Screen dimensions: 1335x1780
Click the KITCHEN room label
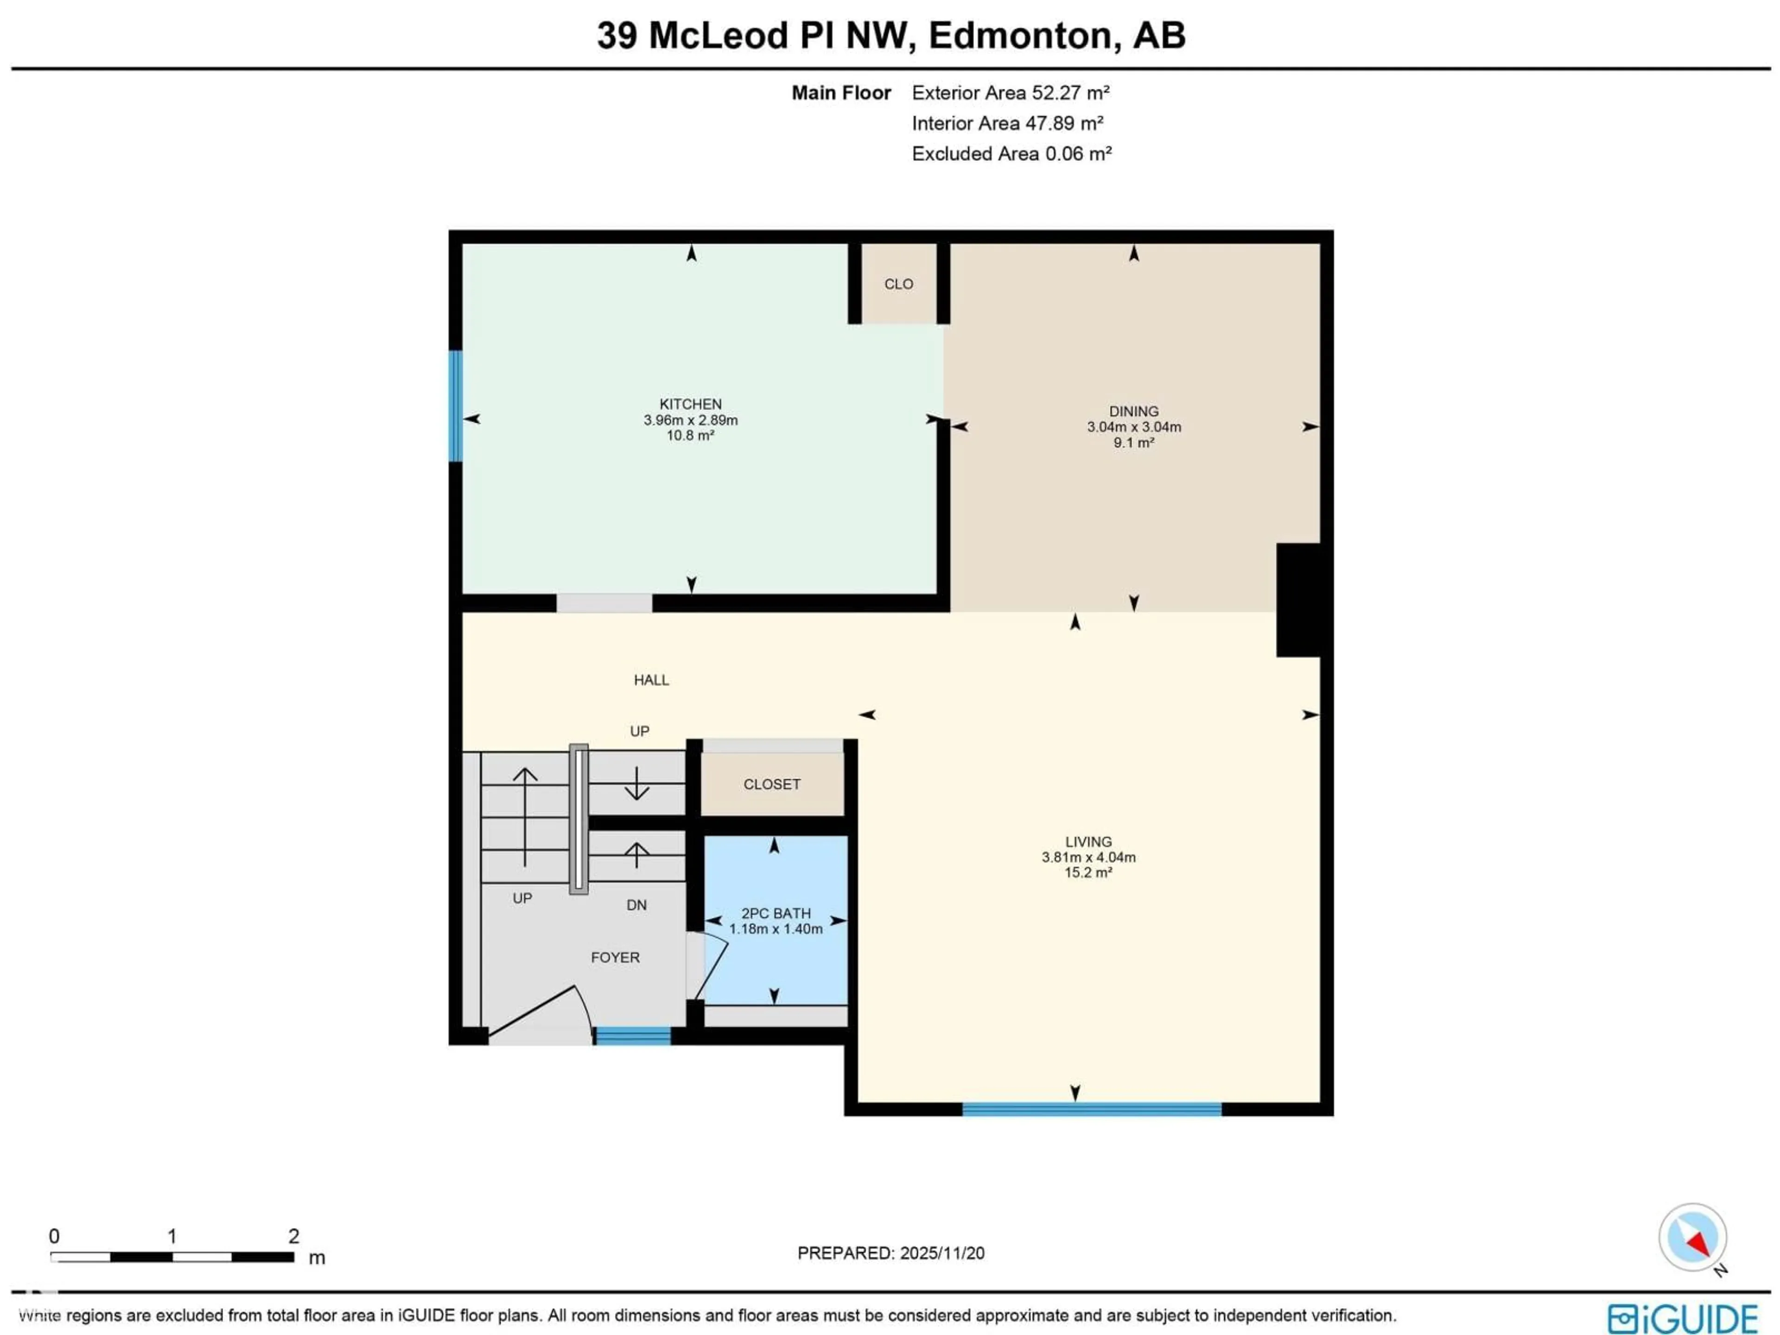pyautogui.click(x=690, y=404)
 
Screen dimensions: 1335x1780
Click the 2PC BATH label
pyautogui.click(x=775, y=913)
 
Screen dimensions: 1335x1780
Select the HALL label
pyautogui.click(x=651, y=680)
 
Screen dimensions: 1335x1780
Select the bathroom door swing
pyautogui.click(x=712, y=966)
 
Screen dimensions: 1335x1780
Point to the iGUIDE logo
pyautogui.click(x=1682, y=1319)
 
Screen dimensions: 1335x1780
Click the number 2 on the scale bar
pyautogui.click(x=294, y=1236)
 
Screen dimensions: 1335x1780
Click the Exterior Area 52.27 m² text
pyautogui.click(x=1010, y=93)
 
